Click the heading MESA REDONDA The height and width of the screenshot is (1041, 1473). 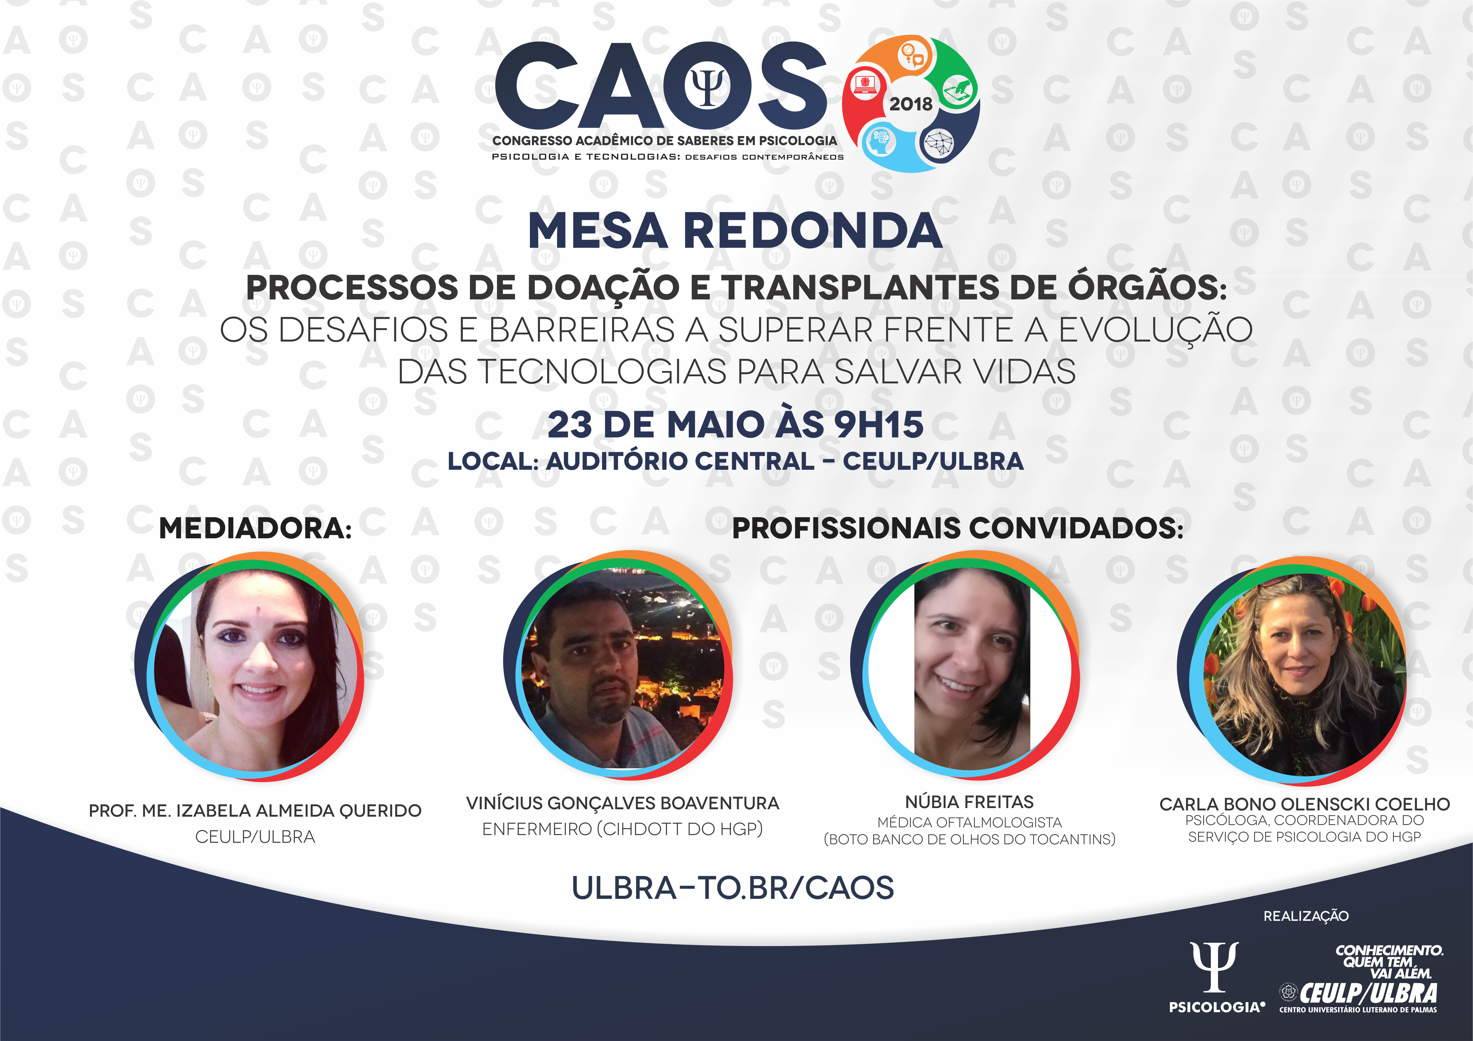click(735, 231)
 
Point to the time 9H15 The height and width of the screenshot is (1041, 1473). click(879, 425)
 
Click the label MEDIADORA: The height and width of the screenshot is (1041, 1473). click(255, 529)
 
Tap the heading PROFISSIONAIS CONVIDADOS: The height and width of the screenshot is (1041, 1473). click(958, 529)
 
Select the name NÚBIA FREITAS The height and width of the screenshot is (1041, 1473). click(969, 802)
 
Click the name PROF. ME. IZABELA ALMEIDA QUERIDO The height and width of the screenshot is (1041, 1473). click(255, 811)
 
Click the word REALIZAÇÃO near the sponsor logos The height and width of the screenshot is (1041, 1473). click(1306, 916)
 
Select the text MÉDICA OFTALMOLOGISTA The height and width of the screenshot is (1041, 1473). click(969, 822)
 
